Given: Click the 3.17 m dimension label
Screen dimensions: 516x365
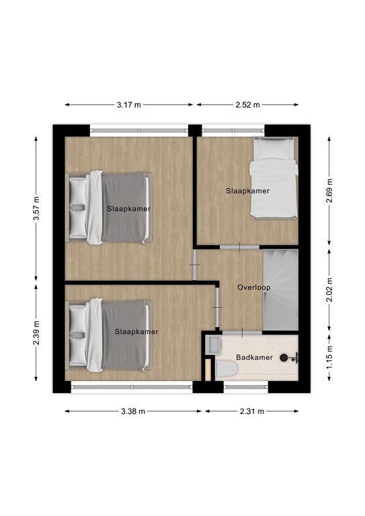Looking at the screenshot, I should click(x=128, y=105).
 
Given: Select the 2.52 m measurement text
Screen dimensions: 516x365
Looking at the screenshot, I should click(x=247, y=105).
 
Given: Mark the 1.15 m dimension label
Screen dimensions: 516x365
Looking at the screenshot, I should click(x=329, y=357).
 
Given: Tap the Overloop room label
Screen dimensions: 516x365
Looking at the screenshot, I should click(x=253, y=288).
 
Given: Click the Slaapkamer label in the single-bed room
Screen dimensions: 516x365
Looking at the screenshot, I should click(x=247, y=191).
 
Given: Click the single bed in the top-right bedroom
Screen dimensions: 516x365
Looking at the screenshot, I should click(x=273, y=178).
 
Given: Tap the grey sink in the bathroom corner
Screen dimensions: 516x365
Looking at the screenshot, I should click(x=214, y=345).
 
